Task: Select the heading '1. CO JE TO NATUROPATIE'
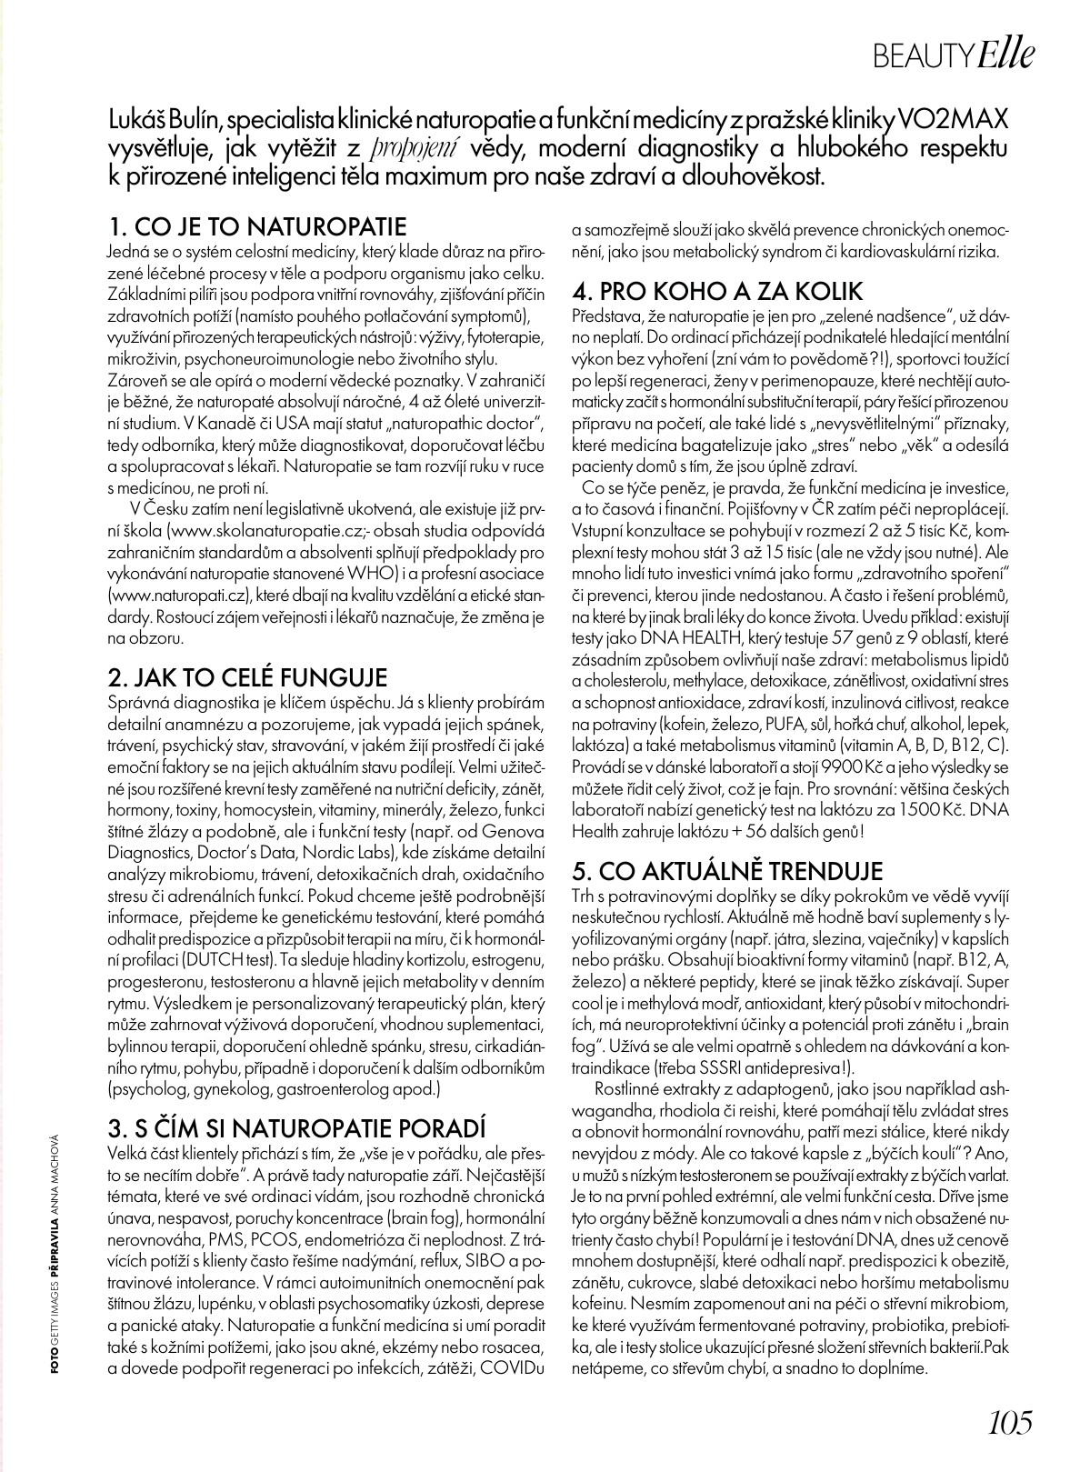click(x=257, y=225)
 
